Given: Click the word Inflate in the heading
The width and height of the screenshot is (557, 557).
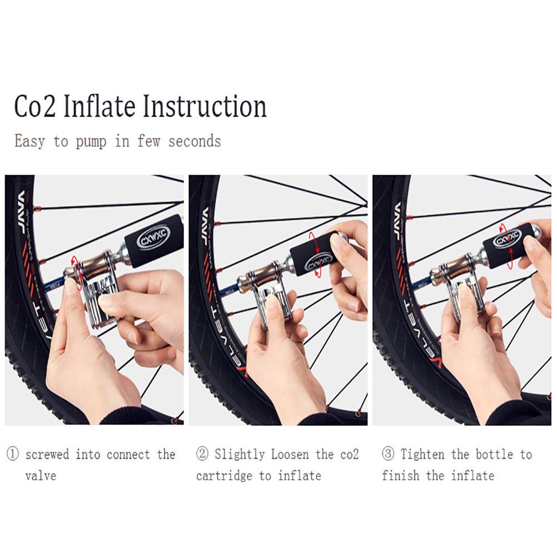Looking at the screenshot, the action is [x=100, y=106].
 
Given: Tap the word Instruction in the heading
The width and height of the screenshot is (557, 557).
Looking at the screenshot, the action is [x=205, y=106].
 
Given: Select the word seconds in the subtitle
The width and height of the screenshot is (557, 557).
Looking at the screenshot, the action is [x=195, y=141].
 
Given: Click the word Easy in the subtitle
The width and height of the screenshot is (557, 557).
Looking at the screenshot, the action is [x=30, y=141].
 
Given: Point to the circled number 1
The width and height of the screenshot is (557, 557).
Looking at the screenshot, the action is [x=13, y=454].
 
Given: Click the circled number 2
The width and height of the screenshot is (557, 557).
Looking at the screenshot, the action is [x=202, y=454].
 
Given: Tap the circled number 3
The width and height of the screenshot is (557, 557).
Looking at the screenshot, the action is [x=388, y=454].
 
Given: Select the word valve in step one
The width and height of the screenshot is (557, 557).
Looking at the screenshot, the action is [x=41, y=476].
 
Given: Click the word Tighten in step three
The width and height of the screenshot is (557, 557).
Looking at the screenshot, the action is [x=422, y=454].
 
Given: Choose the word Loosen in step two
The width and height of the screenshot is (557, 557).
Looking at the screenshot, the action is [x=290, y=454].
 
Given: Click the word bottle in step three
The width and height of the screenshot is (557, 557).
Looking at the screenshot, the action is [x=494, y=454].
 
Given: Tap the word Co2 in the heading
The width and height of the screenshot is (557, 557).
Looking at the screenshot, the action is [x=35, y=106].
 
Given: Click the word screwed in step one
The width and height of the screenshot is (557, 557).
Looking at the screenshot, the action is [x=47, y=454].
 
